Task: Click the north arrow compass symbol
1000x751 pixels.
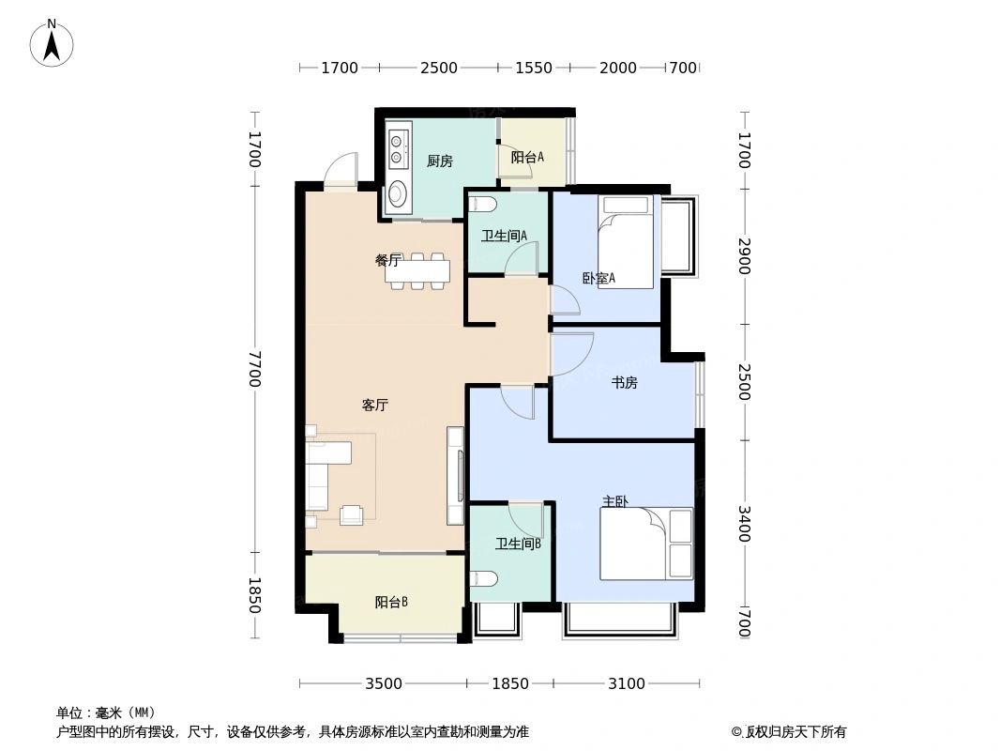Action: (52, 42)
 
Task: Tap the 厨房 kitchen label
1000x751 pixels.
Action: (439, 161)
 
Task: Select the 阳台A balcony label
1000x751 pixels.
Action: (527, 158)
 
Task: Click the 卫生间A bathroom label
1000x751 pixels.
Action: (504, 236)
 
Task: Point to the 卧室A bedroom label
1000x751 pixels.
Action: (598, 278)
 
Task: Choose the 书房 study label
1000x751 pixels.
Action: (624, 382)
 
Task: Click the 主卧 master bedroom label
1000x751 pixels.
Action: (615, 501)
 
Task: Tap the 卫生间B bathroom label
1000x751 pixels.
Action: (518, 543)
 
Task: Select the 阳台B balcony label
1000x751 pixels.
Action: (390, 602)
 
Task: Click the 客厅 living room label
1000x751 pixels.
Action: (375, 406)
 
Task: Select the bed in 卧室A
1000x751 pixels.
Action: (626, 242)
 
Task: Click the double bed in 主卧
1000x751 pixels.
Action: (646, 544)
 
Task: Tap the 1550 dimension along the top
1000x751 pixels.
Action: (533, 68)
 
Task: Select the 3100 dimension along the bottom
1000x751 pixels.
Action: (626, 683)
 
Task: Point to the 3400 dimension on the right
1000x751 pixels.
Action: (743, 524)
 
